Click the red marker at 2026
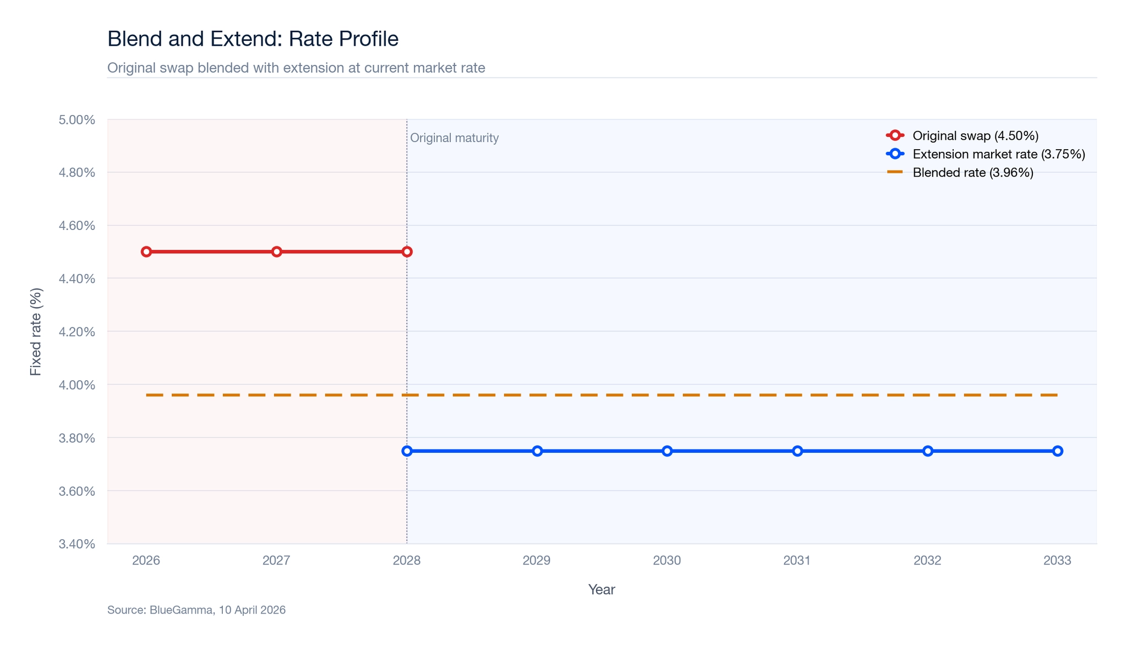pos(146,251)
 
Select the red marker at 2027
pos(277,251)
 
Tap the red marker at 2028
pos(407,251)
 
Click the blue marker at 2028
pos(407,451)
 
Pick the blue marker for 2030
pos(667,451)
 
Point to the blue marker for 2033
pos(1057,451)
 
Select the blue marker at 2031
pos(797,451)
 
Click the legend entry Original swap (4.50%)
pos(975,135)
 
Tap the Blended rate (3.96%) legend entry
pos(972,173)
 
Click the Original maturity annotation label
pos(455,138)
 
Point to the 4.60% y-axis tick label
pos(76,226)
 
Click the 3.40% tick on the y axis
pos(76,544)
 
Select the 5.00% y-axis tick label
pos(76,120)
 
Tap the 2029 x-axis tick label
pos(537,560)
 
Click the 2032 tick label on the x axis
pos(927,560)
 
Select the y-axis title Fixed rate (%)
pos(36,331)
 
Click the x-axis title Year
pos(601,589)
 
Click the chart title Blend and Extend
pos(253,39)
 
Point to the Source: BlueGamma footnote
pos(196,610)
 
